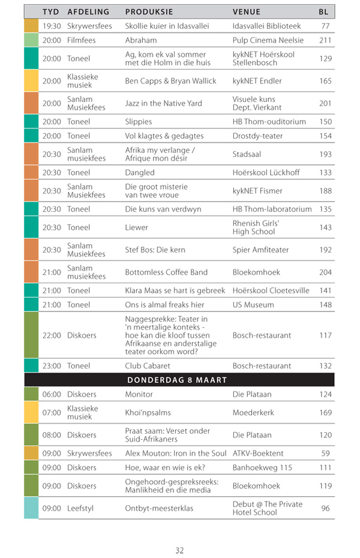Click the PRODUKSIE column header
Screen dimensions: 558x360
(x=149, y=11)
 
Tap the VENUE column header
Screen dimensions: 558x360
(x=246, y=11)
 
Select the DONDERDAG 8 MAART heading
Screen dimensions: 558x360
(x=177, y=380)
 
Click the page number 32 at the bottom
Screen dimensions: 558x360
(x=179, y=550)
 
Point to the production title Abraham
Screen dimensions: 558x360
(x=141, y=40)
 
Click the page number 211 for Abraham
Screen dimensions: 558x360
(x=325, y=40)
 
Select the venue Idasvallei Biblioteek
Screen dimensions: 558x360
(x=266, y=26)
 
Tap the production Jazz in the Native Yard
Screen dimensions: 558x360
(x=163, y=103)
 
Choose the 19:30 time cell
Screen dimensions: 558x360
(x=52, y=26)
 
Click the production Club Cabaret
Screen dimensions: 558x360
(x=148, y=365)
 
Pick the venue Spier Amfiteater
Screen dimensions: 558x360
(x=260, y=250)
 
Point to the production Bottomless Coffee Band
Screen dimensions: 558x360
(x=166, y=272)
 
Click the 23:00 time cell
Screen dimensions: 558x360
(x=52, y=365)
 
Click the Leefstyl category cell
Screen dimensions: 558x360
(x=82, y=508)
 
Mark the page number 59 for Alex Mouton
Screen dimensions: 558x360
(x=326, y=453)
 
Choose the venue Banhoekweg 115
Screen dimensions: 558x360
(x=262, y=467)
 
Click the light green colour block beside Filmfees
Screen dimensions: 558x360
(x=31, y=40)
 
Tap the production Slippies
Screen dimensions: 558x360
(x=139, y=121)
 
